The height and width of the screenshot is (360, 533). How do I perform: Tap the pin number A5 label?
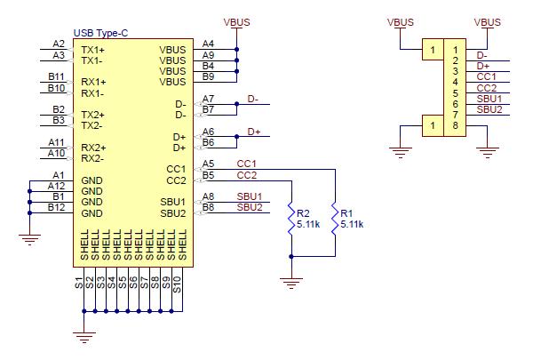coord(208,164)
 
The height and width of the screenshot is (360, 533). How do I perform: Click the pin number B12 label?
coord(57,208)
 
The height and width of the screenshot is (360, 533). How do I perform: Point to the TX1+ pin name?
coord(93,50)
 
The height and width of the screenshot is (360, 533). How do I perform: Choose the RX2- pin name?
coord(93,159)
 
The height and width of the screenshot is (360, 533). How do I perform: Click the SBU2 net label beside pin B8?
coord(250,208)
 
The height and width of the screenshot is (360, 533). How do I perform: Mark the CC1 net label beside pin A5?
coord(246,164)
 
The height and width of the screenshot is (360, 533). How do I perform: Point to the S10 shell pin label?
coord(178,285)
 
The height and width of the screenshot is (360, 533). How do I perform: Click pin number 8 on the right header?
coord(456,125)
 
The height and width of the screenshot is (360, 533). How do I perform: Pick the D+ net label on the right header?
coord(483,66)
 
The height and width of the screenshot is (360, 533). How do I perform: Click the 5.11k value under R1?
coord(353,225)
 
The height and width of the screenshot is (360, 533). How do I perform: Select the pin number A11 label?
coord(56,142)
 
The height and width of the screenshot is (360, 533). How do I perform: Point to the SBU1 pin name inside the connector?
coord(172,202)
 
